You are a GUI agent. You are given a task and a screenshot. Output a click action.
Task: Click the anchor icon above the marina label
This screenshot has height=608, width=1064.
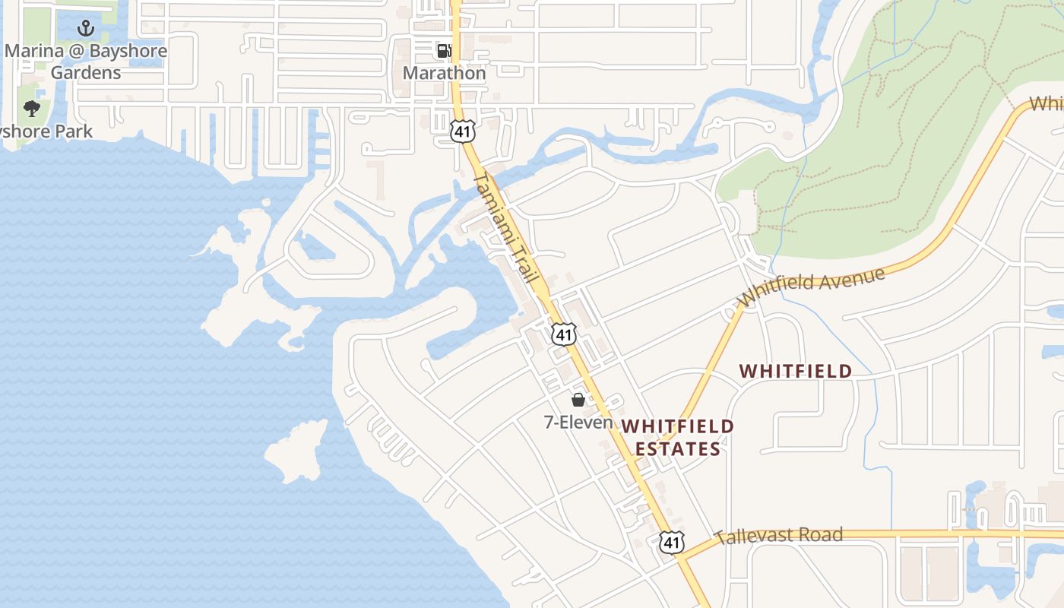(86, 29)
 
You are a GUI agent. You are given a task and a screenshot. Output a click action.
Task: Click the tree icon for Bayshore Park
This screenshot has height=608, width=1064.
(31, 109)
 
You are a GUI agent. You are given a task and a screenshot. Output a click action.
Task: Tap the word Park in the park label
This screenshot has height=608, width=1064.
(74, 131)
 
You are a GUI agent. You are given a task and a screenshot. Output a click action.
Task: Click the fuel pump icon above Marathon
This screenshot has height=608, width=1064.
(443, 51)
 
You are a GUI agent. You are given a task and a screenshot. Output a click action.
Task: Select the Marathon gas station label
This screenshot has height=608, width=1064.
(444, 73)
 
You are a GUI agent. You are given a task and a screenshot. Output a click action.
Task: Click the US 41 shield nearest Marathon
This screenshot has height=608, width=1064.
(462, 131)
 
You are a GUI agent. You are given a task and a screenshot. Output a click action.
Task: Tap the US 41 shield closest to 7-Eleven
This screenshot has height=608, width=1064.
(564, 334)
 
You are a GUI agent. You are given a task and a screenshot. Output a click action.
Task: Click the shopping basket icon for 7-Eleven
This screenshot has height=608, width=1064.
(578, 399)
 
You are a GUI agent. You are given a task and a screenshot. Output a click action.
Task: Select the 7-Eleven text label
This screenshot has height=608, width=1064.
(578, 421)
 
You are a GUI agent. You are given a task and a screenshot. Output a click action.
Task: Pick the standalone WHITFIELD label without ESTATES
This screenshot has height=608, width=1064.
(796, 372)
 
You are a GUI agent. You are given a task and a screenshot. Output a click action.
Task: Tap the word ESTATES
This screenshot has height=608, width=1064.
(678, 449)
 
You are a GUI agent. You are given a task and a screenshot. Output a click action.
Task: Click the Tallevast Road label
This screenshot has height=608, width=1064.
(780, 536)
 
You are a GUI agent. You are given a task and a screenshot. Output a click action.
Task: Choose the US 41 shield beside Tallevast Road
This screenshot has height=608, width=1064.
(671, 542)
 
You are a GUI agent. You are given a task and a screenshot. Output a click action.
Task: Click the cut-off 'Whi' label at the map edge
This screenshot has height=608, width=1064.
(1047, 104)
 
